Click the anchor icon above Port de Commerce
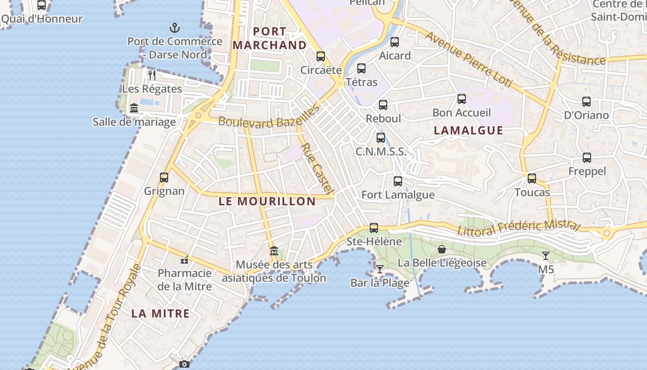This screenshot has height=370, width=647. click(174, 28)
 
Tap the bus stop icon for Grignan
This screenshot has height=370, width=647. click(164, 178)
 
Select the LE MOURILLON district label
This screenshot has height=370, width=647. click(267, 201)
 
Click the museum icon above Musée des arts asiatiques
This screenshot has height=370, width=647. click(274, 251)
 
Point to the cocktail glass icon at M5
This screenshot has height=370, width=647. click(546, 256)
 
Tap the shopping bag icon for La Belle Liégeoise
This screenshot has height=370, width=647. click(442, 249)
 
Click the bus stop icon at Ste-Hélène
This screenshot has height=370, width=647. click(374, 228)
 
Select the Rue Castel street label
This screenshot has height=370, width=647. click(317, 168)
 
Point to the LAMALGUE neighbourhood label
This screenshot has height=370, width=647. click(469, 130)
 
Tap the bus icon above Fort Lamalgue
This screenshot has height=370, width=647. click(398, 181)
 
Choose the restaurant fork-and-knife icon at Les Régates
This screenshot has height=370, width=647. click(152, 75)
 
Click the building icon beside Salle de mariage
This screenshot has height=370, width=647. click(134, 108)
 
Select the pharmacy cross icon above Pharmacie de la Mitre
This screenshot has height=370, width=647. click(184, 260)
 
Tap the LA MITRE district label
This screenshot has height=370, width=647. click(160, 314)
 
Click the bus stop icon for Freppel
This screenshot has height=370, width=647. click(587, 158)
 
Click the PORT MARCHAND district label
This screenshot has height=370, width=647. click(269, 38)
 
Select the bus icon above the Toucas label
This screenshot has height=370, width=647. click(532, 179)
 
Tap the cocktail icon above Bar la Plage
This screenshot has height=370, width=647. click(380, 269)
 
